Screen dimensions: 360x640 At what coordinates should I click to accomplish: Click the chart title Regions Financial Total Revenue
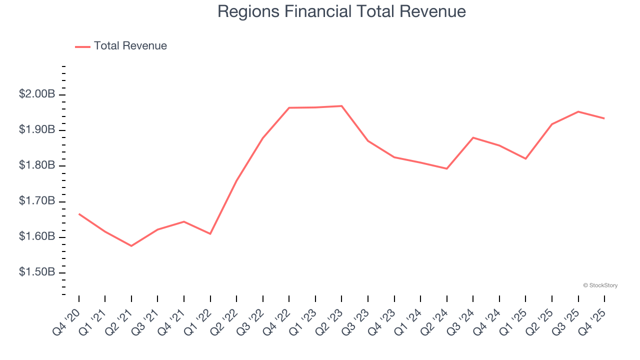click(x=341, y=11)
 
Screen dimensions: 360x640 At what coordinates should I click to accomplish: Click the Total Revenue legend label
click(x=130, y=46)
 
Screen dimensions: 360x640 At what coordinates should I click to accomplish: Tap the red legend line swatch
click(x=82, y=46)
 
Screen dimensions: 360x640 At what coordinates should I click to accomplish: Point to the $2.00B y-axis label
click(x=36, y=94)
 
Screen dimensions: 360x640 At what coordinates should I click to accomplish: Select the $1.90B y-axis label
click(x=36, y=130)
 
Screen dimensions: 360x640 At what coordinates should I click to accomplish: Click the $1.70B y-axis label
click(x=36, y=201)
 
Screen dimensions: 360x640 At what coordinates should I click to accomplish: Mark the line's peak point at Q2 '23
click(x=341, y=106)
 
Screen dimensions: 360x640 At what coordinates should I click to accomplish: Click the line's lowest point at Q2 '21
click(x=131, y=246)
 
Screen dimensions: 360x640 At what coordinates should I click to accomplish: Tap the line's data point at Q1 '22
click(x=210, y=233)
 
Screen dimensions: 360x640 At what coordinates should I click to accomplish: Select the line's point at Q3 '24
click(x=473, y=137)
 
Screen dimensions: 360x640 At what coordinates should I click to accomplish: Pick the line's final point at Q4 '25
click(x=604, y=118)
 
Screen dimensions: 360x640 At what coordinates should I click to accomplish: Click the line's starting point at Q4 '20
click(x=79, y=214)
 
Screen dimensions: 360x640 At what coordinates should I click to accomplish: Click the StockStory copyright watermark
click(x=600, y=285)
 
